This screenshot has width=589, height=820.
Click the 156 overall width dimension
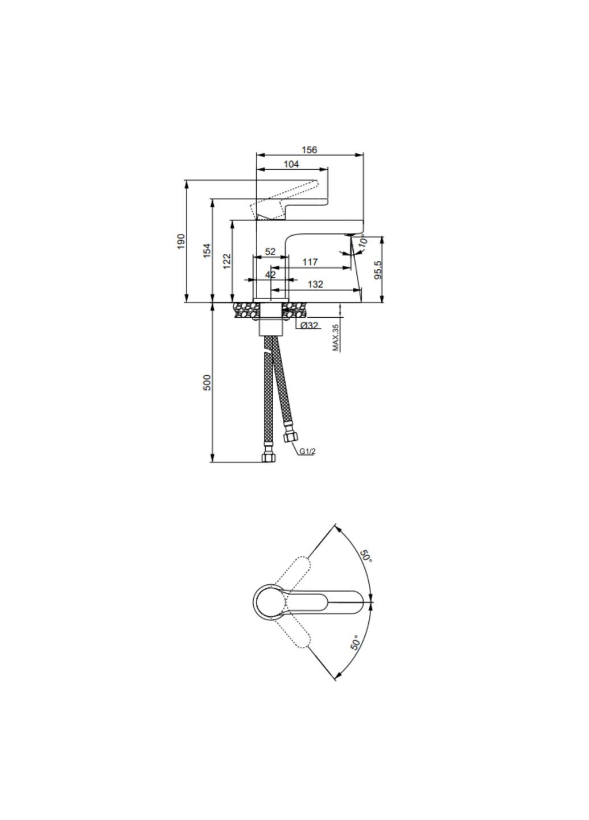(309, 150)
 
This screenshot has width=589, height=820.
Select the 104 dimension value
(291, 164)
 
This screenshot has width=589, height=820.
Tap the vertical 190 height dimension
(181, 241)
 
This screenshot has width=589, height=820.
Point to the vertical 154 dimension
(207, 251)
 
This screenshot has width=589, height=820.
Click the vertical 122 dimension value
(227, 261)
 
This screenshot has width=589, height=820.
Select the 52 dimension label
(270, 252)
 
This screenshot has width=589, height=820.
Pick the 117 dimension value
(310, 262)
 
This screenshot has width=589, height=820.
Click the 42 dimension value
(270, 274)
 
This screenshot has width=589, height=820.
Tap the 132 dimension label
(315, 284)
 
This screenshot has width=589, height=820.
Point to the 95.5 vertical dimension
(378, 269)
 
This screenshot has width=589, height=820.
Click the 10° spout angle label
(363, 240)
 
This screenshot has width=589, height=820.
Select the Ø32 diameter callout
(309, 325)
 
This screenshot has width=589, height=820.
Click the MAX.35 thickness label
(336, 337)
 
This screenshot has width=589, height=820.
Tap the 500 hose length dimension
(207, 382)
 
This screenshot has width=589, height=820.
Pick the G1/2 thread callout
(307, 452)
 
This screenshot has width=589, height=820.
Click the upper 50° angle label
(365, 556)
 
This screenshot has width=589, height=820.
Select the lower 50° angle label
(356, 643)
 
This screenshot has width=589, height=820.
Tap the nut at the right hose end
(290, 438)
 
